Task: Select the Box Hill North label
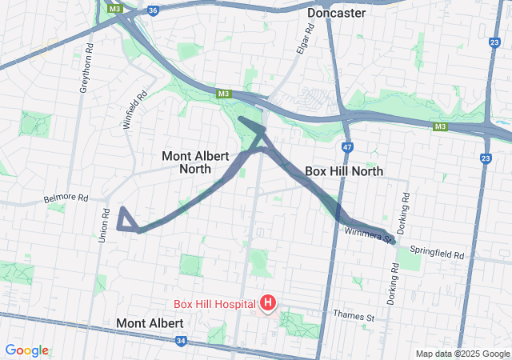[x=344, y=171]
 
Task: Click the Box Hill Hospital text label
[x=215, y=304]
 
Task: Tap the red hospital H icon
[x=268, y=303]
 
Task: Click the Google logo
[x=26, y=350]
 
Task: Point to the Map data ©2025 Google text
[x=462, y=354]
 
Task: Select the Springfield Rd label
[x=437, y=254]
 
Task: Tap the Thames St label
[x=354, y=317]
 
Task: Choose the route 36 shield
[x=153, y=11]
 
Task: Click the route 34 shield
[x=181, y=342]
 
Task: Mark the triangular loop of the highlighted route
[x=126, y=220]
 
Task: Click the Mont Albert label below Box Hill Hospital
[x=150, y=323]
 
